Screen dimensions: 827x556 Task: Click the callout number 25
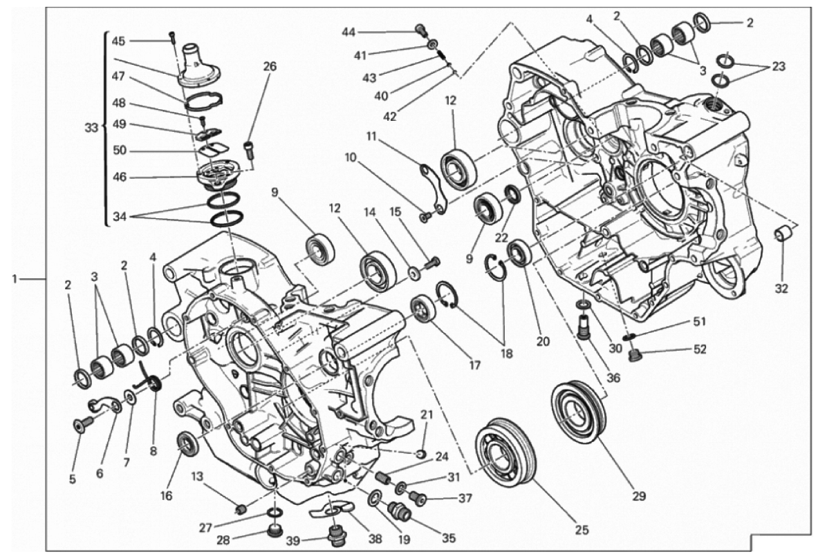pyautogui.click(x=582, y=530)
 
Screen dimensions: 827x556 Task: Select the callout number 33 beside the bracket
pyautogui.click(x=92, y=128)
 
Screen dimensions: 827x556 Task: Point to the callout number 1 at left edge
pyautogui.click(x=15, y=278)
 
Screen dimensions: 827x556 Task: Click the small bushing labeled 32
pyautogui.click(x=781, y=232)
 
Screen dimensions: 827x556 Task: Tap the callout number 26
pyautogui.click(x=270, y=67)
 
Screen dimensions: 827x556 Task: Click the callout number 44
pyautogui.click(x=349, y=32)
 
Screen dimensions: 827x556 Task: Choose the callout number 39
pyautogui.click(x=293, y=541)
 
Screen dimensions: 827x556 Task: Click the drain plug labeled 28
pyautogui.click(x=274, y=530)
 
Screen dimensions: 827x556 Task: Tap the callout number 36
pyautogui.click(x=613, y=378)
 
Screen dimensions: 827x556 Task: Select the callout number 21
pyautogui.click(x=426, y=415)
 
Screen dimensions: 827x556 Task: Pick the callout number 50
pyautogui.click(x=120, y=150)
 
